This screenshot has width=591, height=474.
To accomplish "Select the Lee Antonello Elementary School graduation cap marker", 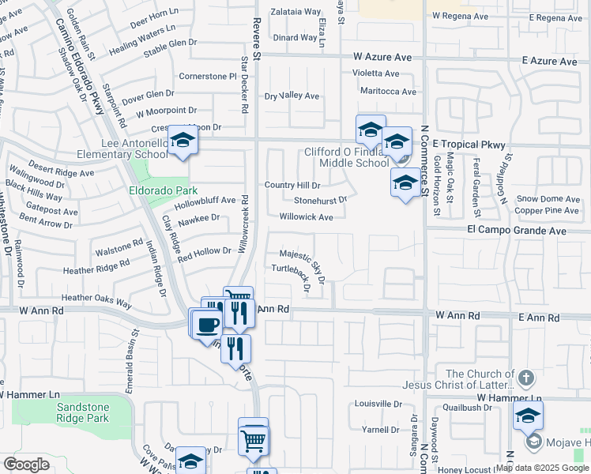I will coord(183,141).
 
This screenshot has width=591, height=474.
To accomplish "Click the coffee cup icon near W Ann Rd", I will coord(208,323).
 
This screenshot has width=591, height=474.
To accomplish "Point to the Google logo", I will coord(26,464).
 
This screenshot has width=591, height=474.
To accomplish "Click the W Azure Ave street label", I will coord(382,57).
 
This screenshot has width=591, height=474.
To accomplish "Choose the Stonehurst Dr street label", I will coord(320,201).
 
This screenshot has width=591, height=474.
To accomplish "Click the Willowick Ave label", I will coord(306,216).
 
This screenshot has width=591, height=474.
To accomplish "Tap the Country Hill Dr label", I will coord(292,185).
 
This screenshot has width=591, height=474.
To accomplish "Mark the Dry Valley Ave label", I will coord(292,96).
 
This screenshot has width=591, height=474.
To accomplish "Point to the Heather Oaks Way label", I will coord(96,299).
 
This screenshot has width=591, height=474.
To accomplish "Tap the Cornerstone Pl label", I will coord(208,77).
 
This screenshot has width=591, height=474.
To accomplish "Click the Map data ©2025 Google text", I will coord(541,468).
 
